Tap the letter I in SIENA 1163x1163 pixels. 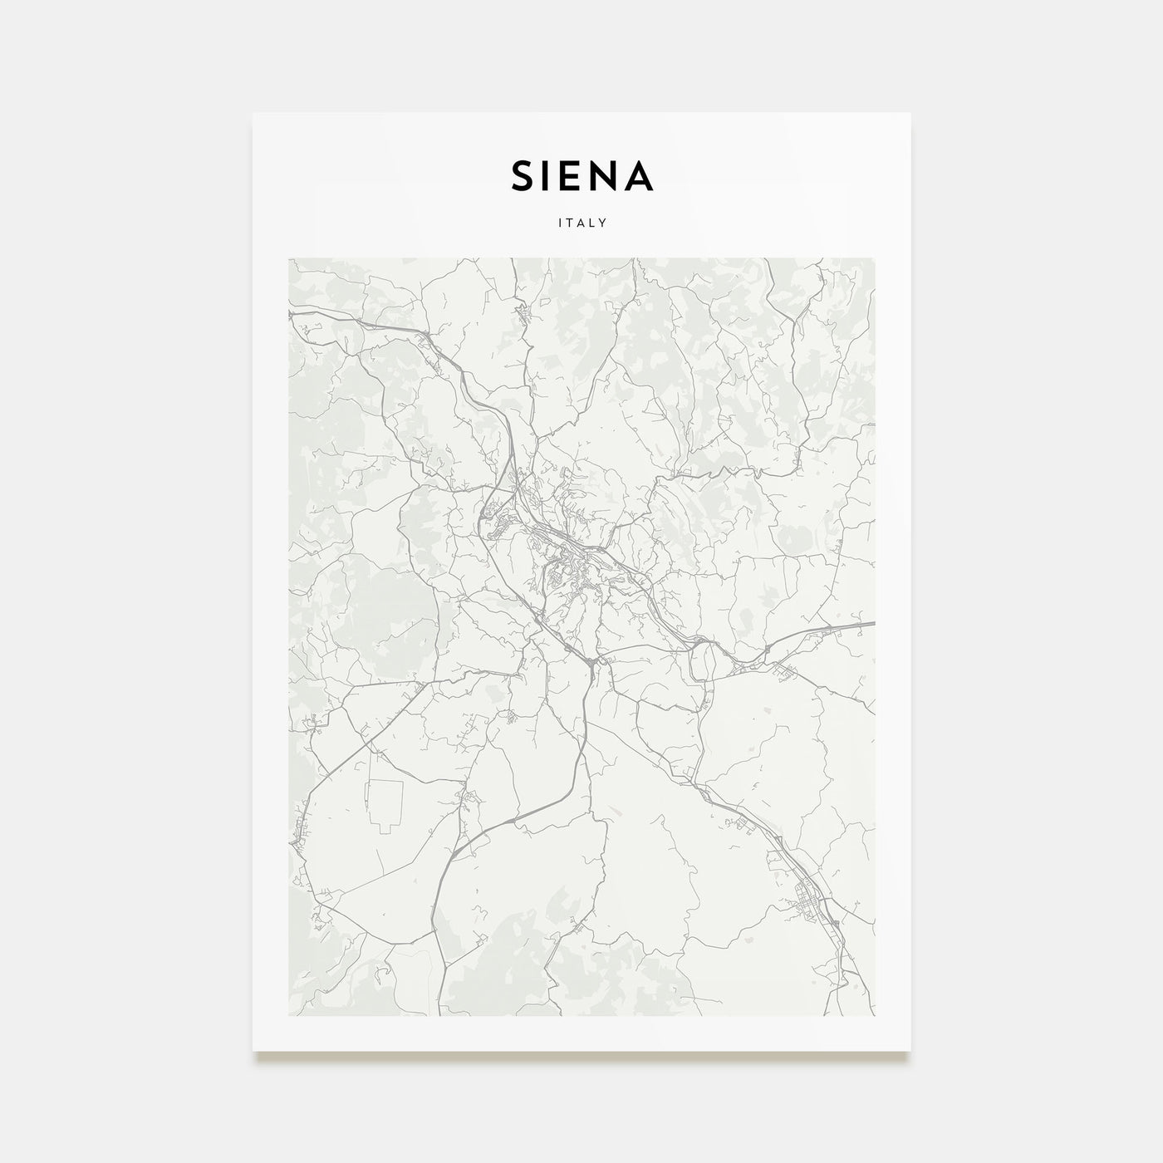click(x=553, y=175)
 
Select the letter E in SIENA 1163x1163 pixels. click(x=578, y=175)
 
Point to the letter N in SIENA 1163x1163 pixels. click(x=610, y=175)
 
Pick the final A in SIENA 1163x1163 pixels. click(x=641, y=175)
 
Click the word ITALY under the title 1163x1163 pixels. click(x=581, y=223)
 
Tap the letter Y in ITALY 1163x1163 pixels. click(x=606, y=223)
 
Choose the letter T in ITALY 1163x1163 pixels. click(x=569, y=223)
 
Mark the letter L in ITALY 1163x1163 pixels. click(x=594, y=223)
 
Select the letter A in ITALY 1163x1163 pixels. click(x=581, y=223)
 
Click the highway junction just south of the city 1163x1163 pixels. click(x=591, y=662)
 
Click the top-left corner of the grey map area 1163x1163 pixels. click(x=289, y=258)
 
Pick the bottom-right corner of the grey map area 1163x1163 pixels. click(x=875, y=1015)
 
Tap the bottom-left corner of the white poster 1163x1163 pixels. click(x=253, y=1050)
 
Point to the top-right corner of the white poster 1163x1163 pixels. click(x=910, y=113)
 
